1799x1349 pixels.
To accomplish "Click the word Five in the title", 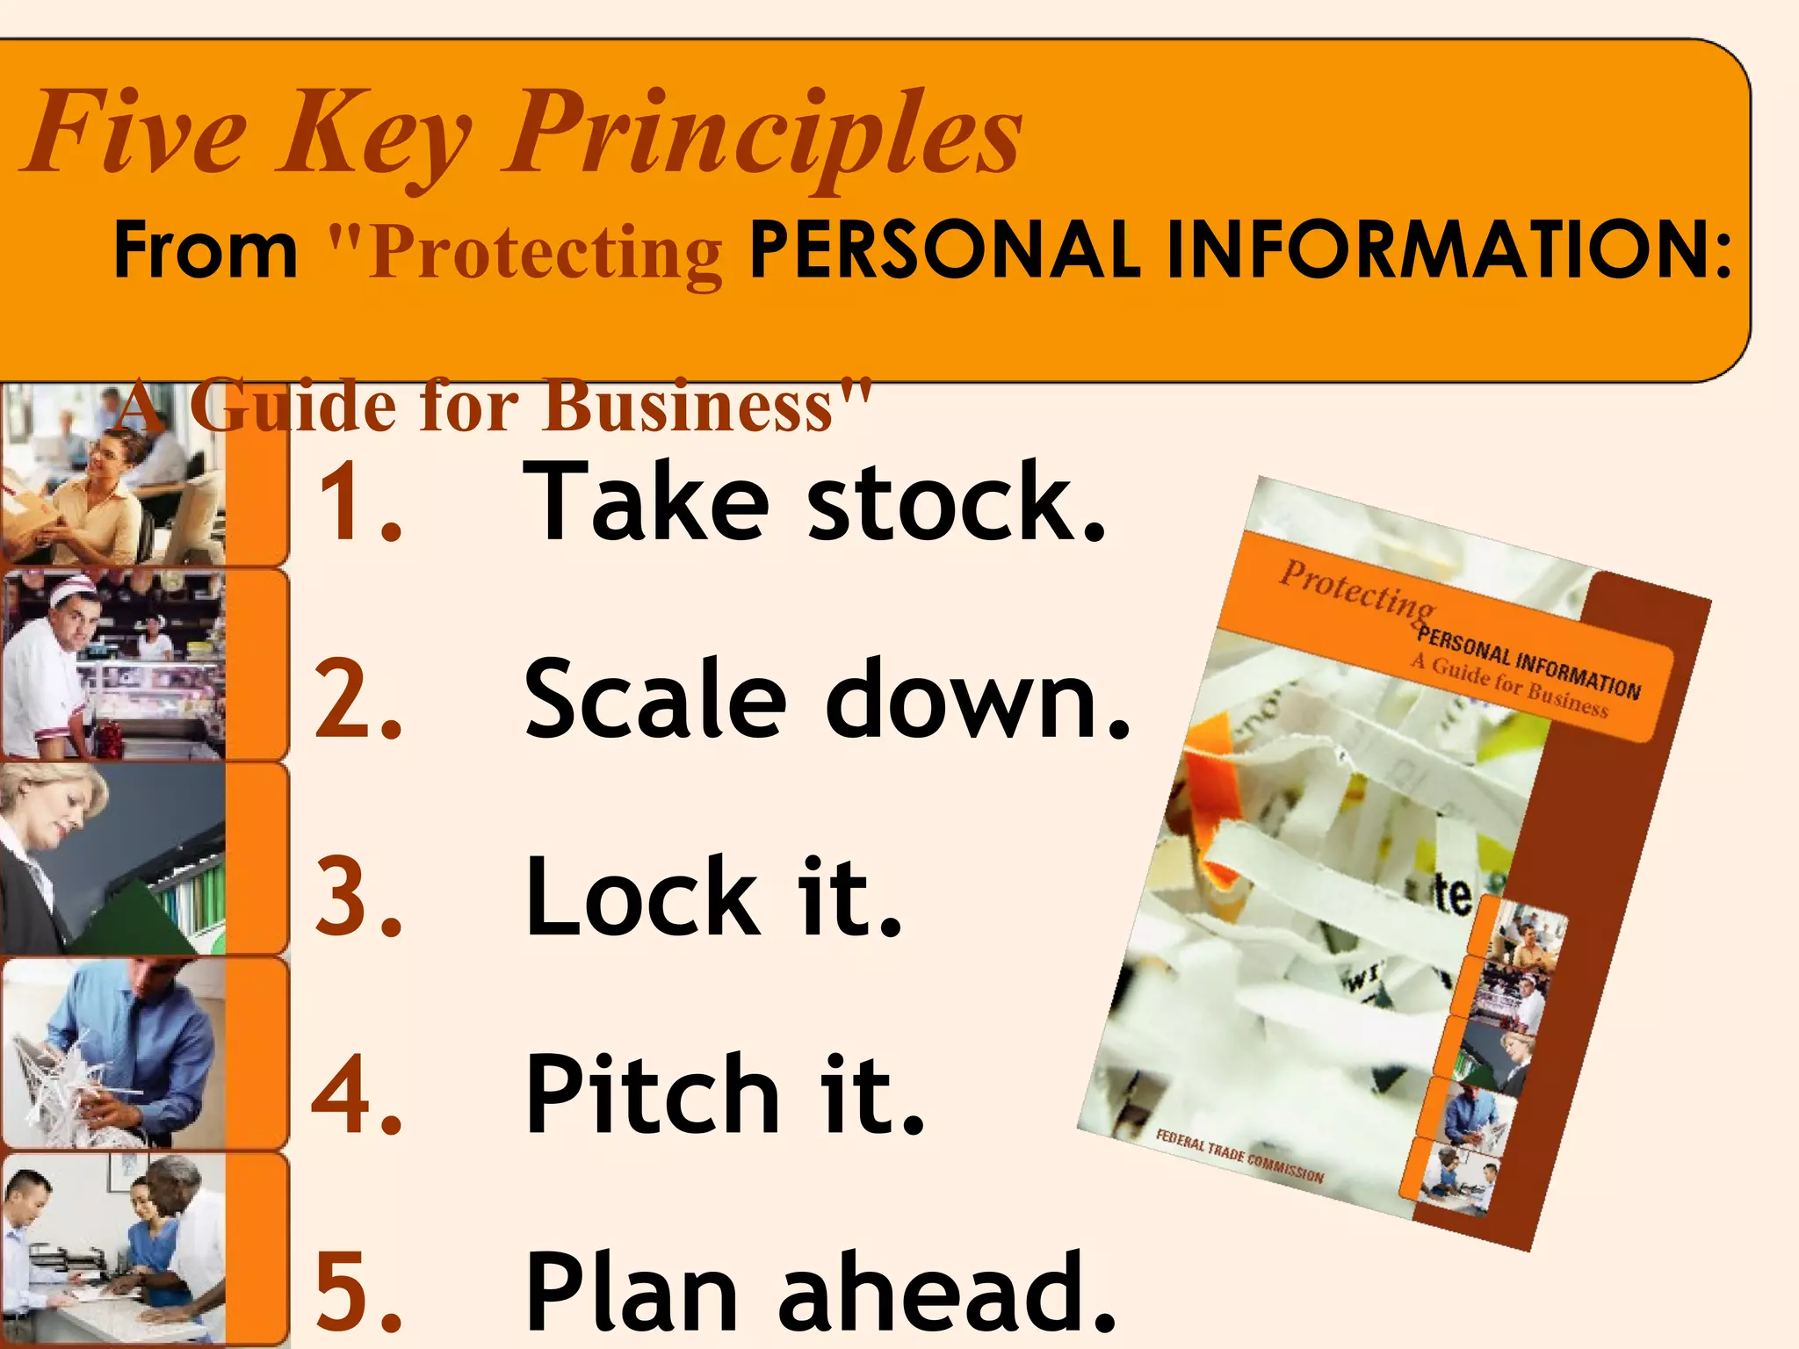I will (x=136, y=133).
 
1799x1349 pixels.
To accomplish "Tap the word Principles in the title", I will (x=762, y=136).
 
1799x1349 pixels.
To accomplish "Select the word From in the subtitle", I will (x=206, y=251).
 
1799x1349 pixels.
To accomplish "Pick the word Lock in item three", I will (x=641, y=898).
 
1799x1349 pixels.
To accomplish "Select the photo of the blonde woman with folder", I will (x=112, y=859).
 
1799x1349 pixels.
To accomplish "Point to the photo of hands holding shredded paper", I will (x=112, y=1054).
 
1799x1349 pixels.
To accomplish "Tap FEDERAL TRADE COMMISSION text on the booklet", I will (x=1239, y=1156).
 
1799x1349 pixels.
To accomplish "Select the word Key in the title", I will (x=373, y=136).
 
